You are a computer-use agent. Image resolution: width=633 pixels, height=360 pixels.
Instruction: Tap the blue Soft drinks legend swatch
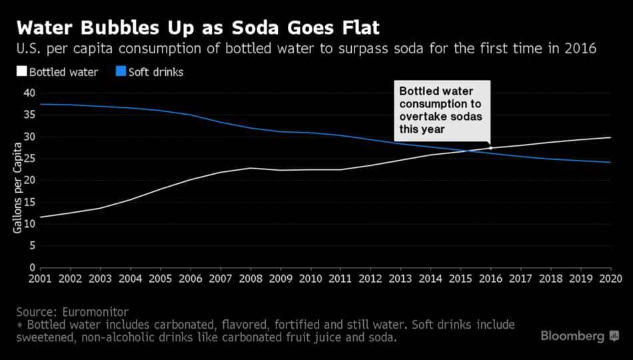pos(121,72)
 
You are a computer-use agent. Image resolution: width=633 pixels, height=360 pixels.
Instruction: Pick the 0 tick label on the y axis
pos(31,267)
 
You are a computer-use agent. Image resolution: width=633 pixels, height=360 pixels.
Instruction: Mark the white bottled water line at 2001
pos(41,217)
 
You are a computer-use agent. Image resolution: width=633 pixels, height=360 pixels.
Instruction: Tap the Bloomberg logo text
pos(572,336)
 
